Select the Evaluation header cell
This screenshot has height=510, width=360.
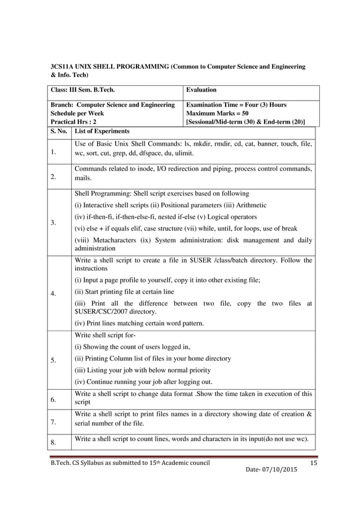202,90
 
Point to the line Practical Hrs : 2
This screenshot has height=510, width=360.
73,121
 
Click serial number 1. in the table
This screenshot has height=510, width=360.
54,152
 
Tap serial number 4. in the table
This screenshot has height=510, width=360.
54,293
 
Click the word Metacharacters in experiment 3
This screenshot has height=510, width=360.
113,240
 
